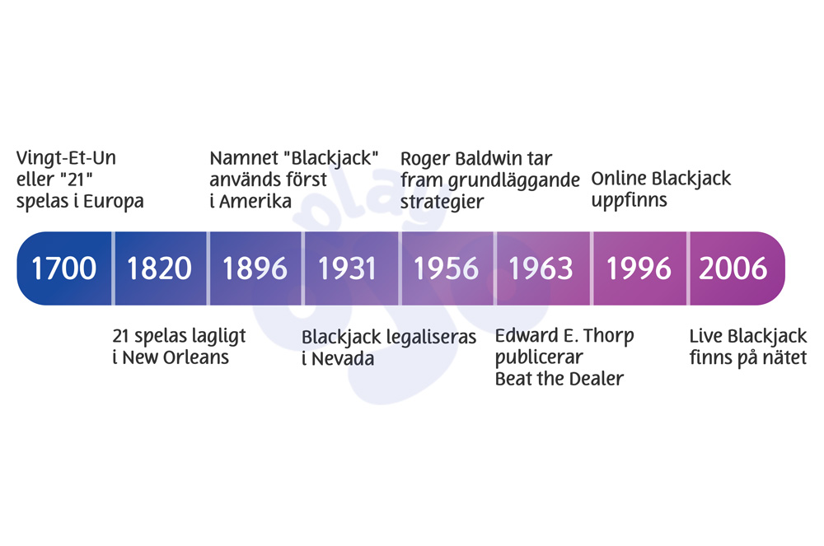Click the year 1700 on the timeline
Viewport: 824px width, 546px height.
click(64, 268)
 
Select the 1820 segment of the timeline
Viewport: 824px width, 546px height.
click(160, 268)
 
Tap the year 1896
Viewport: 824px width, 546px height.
click(255, 268)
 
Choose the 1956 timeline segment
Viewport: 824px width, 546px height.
click(447, 268)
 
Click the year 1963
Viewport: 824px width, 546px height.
click(541, 268)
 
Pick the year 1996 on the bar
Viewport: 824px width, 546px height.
click(639, 268)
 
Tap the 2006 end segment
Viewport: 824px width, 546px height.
click(733, 268)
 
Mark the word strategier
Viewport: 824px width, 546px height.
click(442, 202)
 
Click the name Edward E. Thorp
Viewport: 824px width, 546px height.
click(564, 336)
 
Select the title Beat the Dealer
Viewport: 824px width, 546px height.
click(559, 379)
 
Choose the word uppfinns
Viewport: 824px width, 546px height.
click(630, 200)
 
